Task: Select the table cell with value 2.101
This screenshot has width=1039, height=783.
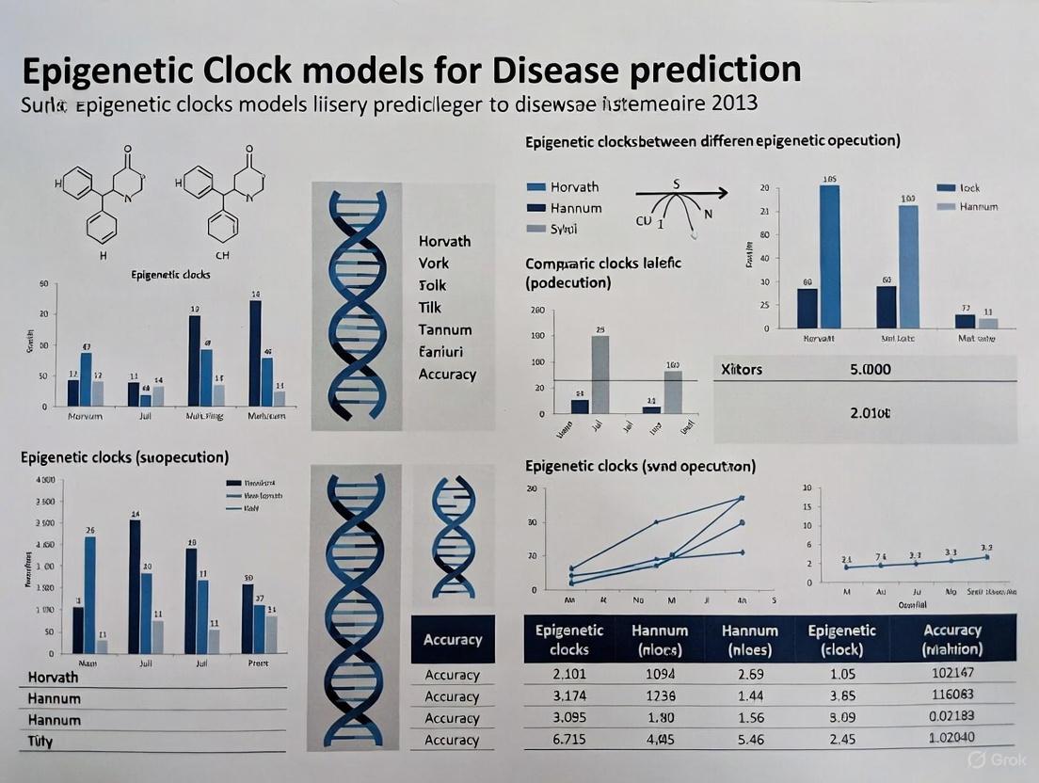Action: [x=569, y=674]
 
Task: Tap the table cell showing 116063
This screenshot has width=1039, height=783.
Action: [x=952, y=696]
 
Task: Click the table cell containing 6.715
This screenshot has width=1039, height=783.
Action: [x=569, y=740]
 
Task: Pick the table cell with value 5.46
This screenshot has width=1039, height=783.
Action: [x=750, y=740]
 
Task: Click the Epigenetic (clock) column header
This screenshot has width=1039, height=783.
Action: [x=841, y=640]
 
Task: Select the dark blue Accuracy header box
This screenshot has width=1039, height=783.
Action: [x=453, y=640]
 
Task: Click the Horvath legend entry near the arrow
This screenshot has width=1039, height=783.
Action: [x=573, y=186]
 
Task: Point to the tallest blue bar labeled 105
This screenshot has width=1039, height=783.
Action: [x=830, y=256]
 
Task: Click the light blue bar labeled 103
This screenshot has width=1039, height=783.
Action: [x=908, y=266]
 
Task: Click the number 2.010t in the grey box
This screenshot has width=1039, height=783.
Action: [x=870, y=412]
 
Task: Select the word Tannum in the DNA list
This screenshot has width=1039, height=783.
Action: [x=445, y=329]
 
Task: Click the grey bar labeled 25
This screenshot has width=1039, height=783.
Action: [x=599, y=375]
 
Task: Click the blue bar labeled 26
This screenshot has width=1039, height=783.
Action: [x=90, y=595]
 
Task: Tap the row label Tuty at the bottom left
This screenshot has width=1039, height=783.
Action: [x=40, y=741]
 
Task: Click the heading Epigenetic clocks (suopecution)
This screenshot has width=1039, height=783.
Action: [x=124, y=456]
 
